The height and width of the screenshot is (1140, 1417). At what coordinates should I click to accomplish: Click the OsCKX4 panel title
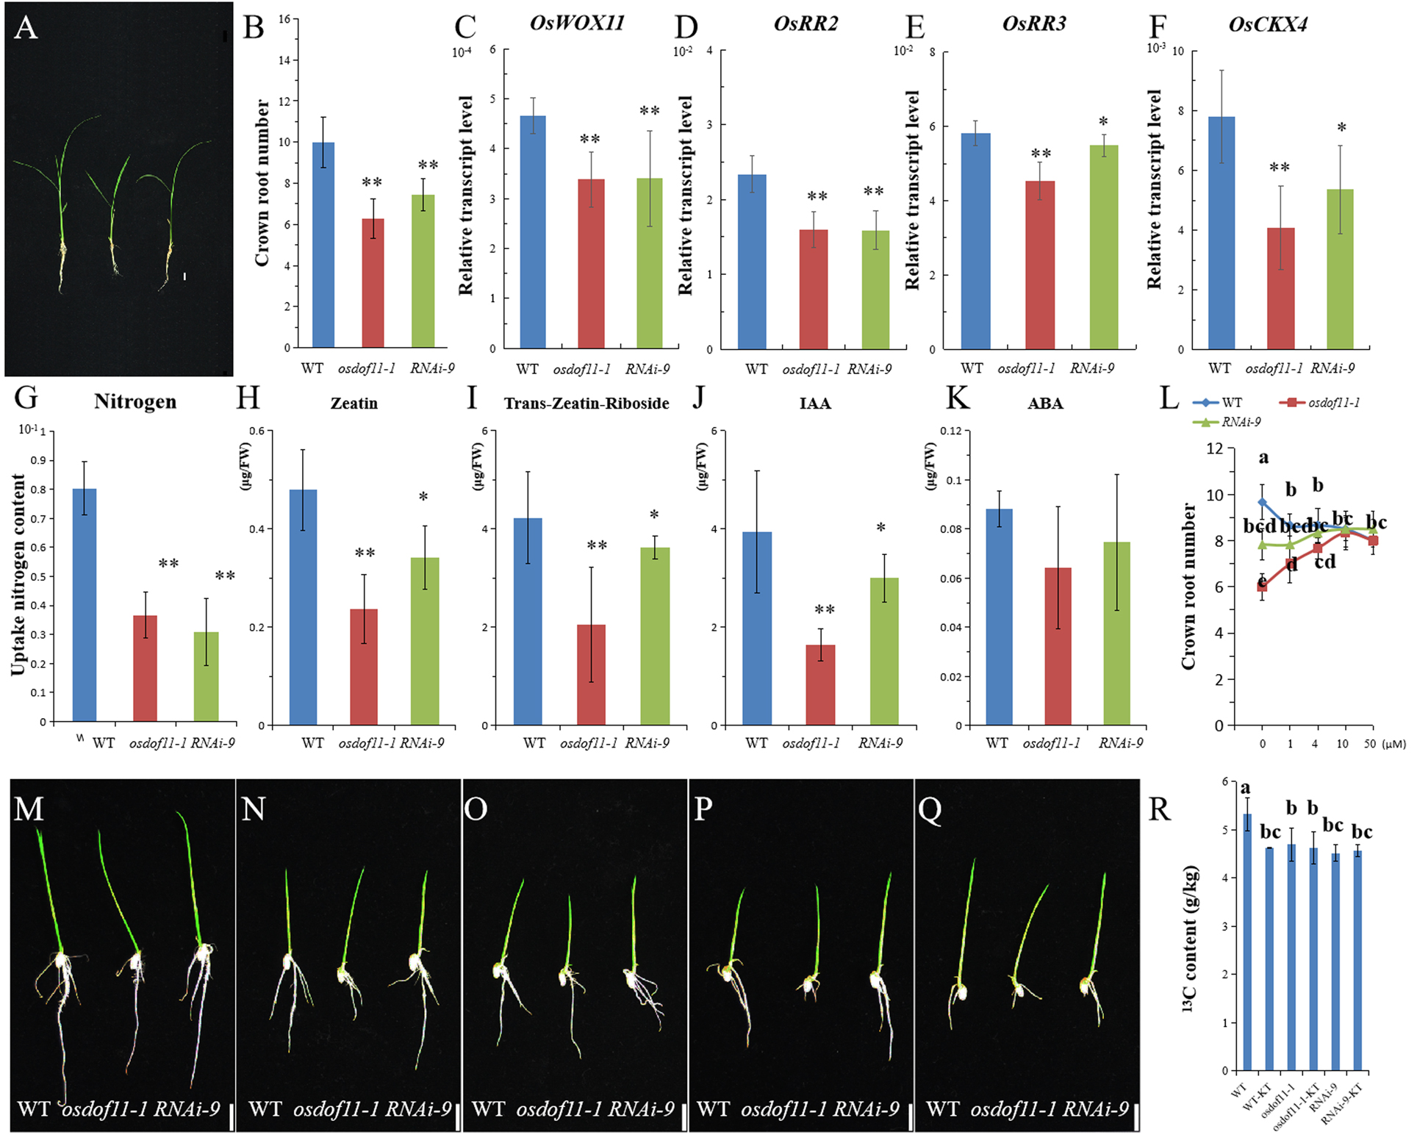pyautogui.click(x=1268, y=24)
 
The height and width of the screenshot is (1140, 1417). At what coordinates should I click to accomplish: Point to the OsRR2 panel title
pyautogui.click(x=806, y=24)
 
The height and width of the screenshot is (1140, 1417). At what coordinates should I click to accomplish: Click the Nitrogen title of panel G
pyautogui.click(x=135, y=401)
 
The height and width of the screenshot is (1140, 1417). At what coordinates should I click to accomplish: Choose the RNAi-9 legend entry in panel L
pyautogui.click(x=1227, y=422)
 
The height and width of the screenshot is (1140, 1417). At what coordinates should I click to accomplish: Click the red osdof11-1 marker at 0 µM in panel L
pyautogui.click(x=1262, y=587)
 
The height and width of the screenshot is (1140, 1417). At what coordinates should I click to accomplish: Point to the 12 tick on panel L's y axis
pyautogui.click(x=1214, y=448)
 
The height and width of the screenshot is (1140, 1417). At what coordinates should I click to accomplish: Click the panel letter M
pyautogui.click(x=29, y=809)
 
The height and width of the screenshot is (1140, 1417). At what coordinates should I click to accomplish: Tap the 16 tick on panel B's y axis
pyautogui.click(x=284, y=18)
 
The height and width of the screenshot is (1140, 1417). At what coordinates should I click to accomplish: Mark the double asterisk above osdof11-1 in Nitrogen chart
pyautogui.click(x=168, y=564)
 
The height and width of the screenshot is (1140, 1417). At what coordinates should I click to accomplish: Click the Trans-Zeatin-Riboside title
pyautogui.click(x=586, y=404)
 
